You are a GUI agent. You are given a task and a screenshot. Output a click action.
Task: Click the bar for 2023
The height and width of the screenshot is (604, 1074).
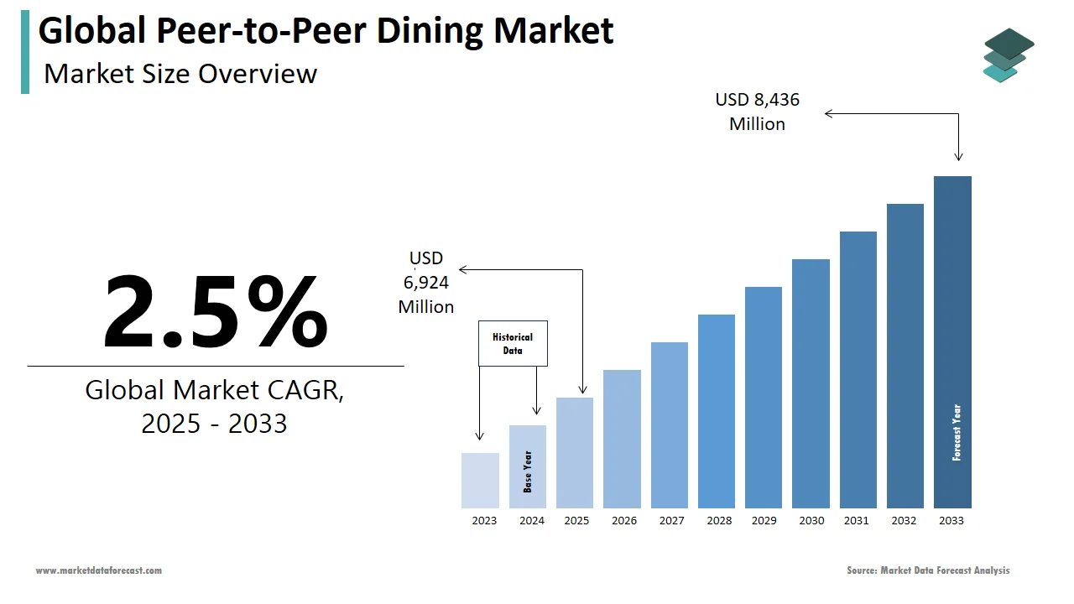click(480, 481)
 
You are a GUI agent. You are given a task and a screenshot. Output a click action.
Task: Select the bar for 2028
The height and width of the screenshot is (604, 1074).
click(716, 411)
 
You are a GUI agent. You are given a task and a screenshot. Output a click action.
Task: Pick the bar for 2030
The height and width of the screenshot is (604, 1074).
click(811, 383)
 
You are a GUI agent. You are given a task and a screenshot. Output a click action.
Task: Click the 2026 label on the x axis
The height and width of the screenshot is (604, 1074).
click(623, 521)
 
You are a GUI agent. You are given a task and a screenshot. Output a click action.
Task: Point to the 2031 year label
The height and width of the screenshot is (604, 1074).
click(857, 521)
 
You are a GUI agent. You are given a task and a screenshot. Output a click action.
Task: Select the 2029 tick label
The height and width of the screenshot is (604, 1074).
click(764, 521)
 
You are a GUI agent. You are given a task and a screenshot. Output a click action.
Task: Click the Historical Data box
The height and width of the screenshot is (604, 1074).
click(513, 343)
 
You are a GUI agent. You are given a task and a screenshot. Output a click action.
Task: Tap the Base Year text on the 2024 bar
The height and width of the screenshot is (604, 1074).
click(528, 471)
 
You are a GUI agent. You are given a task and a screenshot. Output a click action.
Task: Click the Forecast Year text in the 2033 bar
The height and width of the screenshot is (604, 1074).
click(957, 433)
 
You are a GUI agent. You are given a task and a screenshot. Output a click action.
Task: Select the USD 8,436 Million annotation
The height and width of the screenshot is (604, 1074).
click(758, 112)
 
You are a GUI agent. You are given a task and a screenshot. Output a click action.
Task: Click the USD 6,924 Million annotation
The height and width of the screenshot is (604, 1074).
click(426, 283)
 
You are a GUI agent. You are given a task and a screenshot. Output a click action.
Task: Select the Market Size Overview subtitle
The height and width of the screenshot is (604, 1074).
click(180, 74)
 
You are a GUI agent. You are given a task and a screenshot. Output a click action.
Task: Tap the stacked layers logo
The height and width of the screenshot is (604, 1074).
click(1009, 55)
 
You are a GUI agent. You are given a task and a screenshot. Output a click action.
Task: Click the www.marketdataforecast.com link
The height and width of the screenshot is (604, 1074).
click(98, 570)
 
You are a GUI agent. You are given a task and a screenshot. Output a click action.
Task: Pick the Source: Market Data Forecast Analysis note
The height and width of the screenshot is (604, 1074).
click(928, 570)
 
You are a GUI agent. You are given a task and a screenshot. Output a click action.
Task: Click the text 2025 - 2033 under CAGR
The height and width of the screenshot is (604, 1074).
click(214, 424)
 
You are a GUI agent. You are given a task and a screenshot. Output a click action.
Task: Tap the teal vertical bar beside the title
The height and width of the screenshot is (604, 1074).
click(25, 52)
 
